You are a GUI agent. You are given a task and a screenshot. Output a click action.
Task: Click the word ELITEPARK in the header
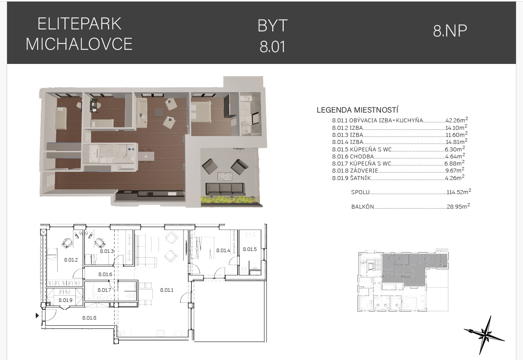(79, 24)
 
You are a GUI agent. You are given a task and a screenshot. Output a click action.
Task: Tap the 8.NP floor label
(450, 31)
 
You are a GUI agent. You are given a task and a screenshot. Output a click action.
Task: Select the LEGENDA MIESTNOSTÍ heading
(357, 110)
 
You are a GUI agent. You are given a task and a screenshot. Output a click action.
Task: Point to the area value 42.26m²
(457, 120)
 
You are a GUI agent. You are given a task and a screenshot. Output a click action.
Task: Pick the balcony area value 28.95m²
(458, 206)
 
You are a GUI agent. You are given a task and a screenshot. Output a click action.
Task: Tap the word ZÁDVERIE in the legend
(364, 171)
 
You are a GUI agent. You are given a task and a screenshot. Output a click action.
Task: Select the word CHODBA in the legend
(362, 156)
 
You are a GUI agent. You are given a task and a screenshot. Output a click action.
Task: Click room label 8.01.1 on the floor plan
(167, 290)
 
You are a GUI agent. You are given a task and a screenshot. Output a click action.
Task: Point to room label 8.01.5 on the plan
(250, 249)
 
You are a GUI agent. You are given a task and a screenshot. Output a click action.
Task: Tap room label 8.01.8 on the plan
(89, 318)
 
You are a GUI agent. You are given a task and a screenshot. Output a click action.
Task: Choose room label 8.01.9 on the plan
(66, 300)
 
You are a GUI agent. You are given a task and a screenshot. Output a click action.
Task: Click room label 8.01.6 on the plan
(105, 275)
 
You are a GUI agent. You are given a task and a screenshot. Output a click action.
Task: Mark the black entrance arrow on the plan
(37, 315)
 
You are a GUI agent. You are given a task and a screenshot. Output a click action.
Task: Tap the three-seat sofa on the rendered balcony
(225, 189)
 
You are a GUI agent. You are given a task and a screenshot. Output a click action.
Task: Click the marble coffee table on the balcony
(225, 176)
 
